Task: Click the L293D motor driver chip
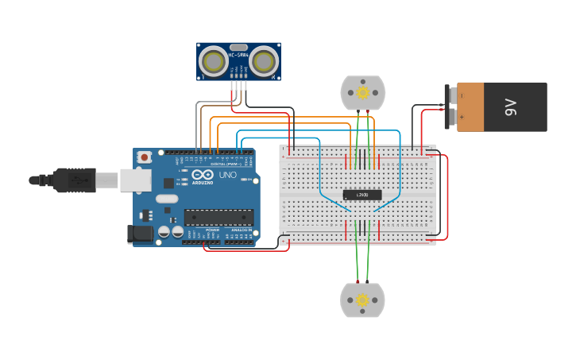[362, 195]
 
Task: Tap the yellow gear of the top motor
[363, 93]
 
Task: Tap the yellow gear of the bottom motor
[362, 300]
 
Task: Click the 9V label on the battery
[510, 106]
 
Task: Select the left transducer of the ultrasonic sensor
[213, 61]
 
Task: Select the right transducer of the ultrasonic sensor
[264, 61]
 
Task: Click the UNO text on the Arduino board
[228, 175]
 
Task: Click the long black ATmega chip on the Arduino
[219, 217]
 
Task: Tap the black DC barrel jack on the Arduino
[140, 234]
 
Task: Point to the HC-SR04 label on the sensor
[238, 56]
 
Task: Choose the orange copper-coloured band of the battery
[470, 106]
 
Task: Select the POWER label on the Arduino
[212, 230]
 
